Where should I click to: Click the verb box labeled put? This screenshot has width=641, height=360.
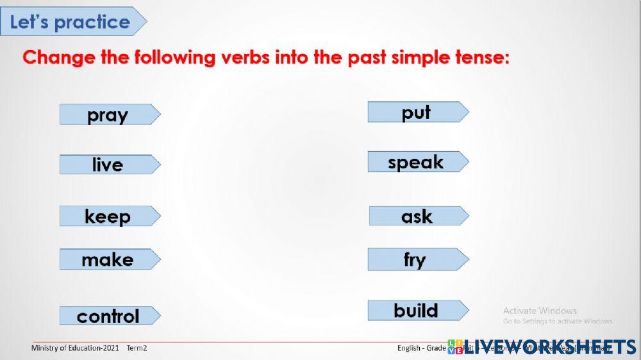417,112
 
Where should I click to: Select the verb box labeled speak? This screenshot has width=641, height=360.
417,162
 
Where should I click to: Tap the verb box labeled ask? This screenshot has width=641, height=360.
417,217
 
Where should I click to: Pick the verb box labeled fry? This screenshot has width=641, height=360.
417,259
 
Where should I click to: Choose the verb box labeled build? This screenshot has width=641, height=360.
417,311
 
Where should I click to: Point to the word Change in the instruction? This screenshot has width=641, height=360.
59,58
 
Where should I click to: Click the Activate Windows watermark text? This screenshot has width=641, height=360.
540,311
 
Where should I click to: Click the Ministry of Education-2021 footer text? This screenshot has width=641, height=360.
75,348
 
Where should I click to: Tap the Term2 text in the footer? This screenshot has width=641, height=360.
137,348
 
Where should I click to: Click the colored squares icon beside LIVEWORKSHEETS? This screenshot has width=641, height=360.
455,347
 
